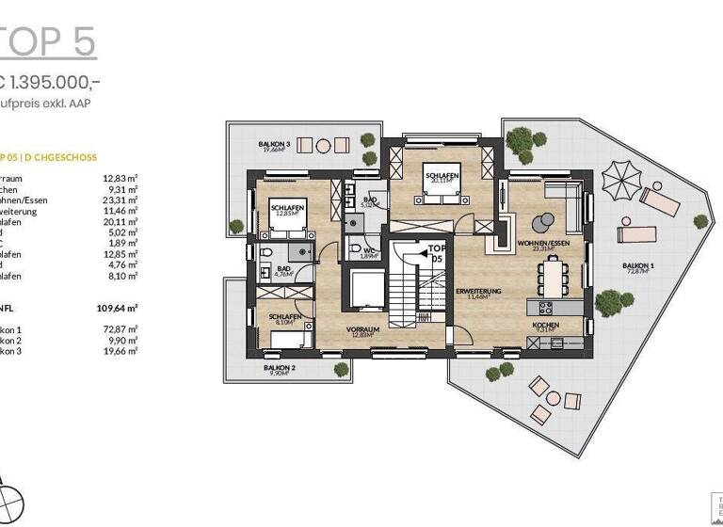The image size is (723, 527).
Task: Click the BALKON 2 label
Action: [x=280, y=369]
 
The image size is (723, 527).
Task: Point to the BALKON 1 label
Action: [x=637, y=267]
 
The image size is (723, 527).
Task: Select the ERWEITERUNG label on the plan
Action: [x=478, y=292]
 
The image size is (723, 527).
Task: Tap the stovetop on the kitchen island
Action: [x=544, y=307]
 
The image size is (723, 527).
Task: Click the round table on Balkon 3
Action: [x=323, y=146]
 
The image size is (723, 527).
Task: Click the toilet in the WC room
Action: [x=356, y=248]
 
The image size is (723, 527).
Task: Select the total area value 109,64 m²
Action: [x=118, y=308]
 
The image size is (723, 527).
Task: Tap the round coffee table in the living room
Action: [x=543, y=223]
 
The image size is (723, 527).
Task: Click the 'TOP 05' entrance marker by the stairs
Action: [x=435, y=254]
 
